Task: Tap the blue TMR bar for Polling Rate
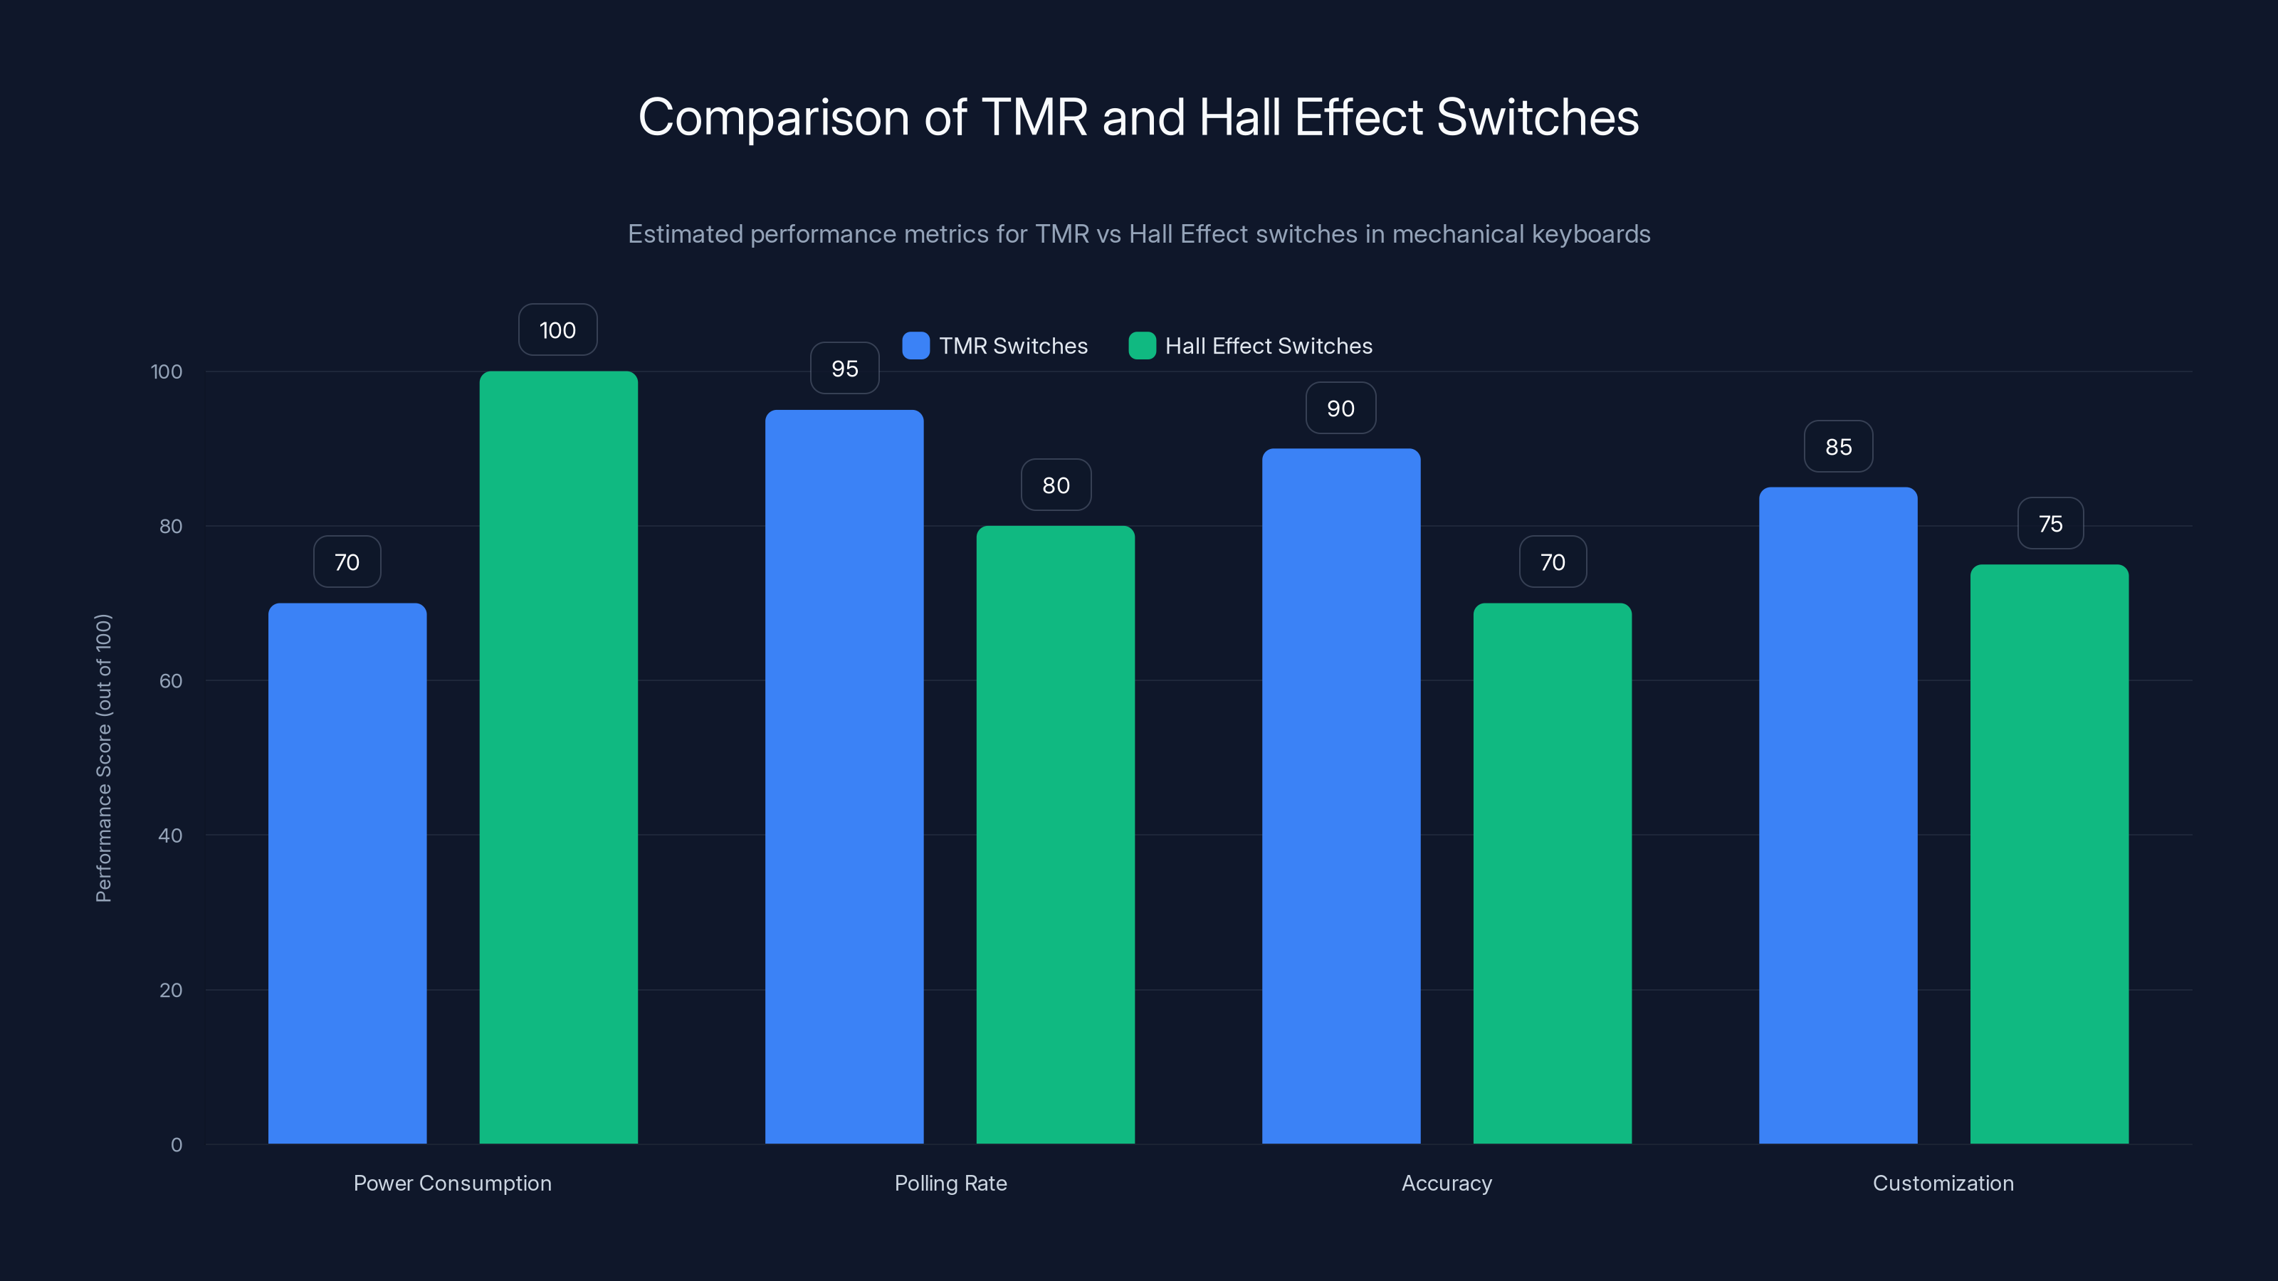(844, 777)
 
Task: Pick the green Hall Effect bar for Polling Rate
(1055, 835)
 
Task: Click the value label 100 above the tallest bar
(557, 330)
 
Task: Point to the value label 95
(844, 369)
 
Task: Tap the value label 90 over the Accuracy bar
(1340, 408)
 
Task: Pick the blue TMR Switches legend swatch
(915, 346)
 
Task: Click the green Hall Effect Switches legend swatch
(1142, 346)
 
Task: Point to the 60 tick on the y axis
(171, 681)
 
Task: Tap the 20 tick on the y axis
(171, 990)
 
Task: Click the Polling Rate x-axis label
(950, 1183)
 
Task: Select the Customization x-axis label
(1943, 1183)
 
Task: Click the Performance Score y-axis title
(103, 758)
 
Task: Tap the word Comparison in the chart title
(774, 117)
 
